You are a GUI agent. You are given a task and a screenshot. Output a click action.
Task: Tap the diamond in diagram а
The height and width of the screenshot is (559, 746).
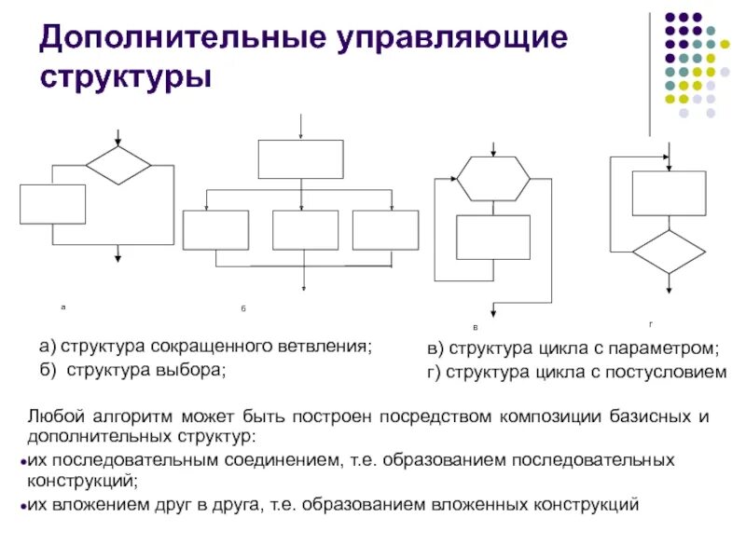118,165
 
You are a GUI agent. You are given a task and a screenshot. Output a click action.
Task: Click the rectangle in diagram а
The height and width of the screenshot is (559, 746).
53,204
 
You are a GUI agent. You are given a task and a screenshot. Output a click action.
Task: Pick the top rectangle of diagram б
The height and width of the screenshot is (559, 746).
300,159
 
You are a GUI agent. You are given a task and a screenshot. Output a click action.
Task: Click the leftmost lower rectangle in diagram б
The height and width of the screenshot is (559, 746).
216,230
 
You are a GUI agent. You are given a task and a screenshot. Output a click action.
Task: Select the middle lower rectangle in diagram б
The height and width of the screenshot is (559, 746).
305,230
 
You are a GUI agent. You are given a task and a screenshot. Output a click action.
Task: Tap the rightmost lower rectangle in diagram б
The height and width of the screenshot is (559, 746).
385,230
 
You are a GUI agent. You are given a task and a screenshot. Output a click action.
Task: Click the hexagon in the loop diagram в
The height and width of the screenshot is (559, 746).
492,178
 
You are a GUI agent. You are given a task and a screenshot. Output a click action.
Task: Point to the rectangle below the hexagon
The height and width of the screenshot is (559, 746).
492,237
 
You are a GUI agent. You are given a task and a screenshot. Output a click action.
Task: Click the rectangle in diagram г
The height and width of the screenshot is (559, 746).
669,193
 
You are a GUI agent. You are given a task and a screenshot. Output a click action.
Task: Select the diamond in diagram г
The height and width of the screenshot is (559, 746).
669,252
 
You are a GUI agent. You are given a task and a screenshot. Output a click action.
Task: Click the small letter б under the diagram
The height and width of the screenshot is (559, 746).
242,307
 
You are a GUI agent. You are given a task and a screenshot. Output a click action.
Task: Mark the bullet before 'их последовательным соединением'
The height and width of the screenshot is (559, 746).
21,461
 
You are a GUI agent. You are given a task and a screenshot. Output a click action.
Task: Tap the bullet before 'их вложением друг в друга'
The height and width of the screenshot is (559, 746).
21,506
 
